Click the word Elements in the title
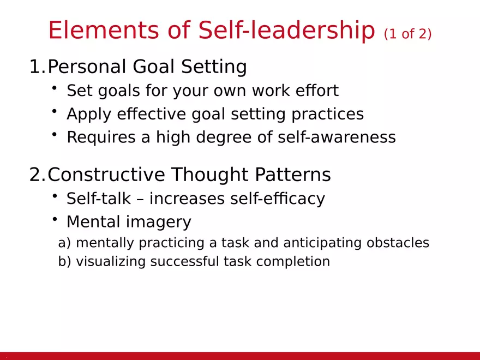click(94, 30)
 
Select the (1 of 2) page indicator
click(407, 34)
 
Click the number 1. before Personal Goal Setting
click(38, 67)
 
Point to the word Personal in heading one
click(87, 67)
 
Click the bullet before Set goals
click(55, 88)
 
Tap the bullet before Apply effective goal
click(55, 111)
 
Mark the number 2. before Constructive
click(38, 175)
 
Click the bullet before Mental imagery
click(55, 219)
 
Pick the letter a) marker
click(64, 243)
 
